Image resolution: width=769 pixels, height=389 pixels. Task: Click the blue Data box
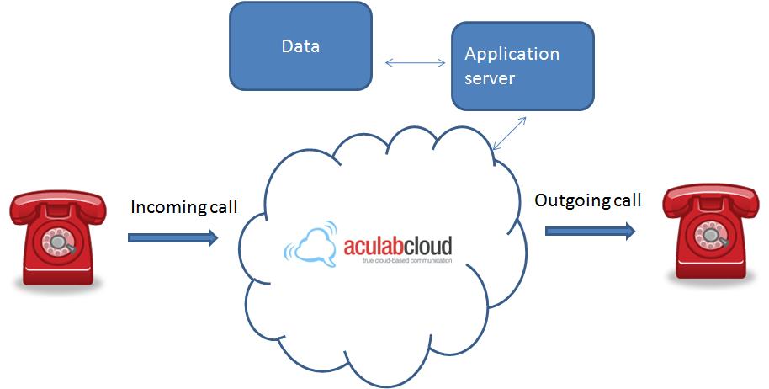tap(300, 45)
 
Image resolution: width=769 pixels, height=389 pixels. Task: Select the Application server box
tap(522, 66)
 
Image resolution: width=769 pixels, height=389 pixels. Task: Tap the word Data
tap(300, 45)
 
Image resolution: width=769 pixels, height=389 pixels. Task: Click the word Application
tap(512, 54)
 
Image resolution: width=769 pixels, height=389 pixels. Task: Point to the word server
tap(490, 78)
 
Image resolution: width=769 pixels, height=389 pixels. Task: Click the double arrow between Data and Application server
tap(415, 62)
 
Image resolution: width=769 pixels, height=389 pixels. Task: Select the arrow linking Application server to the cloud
tap(509, 133)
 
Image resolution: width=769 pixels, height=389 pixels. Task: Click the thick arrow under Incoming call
tap(172, 238)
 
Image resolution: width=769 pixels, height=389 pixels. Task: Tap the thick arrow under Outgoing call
tap(589, 230)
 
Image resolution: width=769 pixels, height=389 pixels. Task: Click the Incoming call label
tap(184, 207)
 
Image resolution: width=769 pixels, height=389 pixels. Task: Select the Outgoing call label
tap(588, 200)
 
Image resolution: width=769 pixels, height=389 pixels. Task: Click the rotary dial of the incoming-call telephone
tap(59, 242)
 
